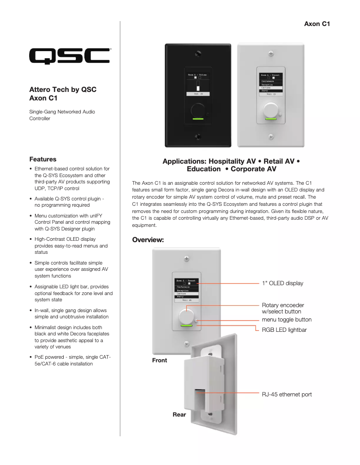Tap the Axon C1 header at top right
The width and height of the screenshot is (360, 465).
pyautogui.click(x=317, y=24)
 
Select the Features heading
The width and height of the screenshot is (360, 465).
pyautogui.click(x=43, y=159)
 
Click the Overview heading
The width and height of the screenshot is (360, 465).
pyautogui.click(x=148, y=240)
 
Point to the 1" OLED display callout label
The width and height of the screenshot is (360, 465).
pyautogui.click(x=282, y=283)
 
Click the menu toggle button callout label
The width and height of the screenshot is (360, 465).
pyautogui.click(x=286, y=320)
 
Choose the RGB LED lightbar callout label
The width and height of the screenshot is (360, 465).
pyautogui.click(x=284, y=330)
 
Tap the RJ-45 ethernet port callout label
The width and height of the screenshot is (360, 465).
pyautogui.click(x=286, y=395)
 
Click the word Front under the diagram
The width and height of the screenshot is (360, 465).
pyautogui.click(x=159, y=360)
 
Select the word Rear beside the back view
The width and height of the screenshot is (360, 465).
pyautogui.click(x=179, y=415)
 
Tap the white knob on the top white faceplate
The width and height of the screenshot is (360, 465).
pyautogui.click(x=270, y=109)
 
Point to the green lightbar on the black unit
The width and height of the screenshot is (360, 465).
pyautogui.click(x=198, y=119)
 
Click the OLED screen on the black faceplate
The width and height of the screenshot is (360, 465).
pyautogui.click(x=198, y=83)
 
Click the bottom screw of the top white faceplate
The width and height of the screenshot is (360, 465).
pyautogui.click(x=270, y=136)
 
